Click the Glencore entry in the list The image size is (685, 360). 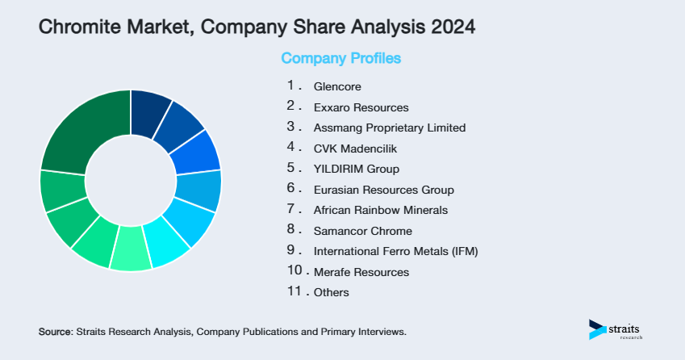click(337, 86)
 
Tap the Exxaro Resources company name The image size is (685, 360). click(361, 107)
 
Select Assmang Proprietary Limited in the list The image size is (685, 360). click(390, 128)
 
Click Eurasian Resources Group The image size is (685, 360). click(383, 190)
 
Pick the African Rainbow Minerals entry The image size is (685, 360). click(380, 210)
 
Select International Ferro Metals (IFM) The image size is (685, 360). click(395, 251)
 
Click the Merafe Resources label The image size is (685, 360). click(361, 272)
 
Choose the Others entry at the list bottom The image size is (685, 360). click(331, 292)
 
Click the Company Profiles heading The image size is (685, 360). click(340, 59)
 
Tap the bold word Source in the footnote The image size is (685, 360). click(55, 332)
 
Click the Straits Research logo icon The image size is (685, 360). click(597, 329)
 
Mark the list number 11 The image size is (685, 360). click(294, 291)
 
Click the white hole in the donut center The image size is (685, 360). click(130, 180)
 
